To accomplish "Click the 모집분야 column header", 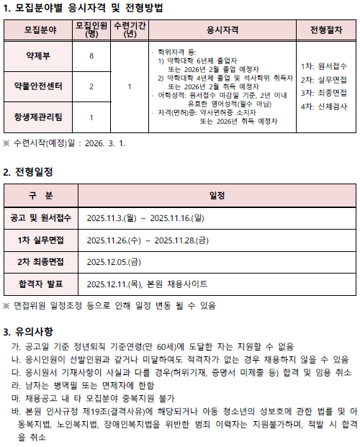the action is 37,32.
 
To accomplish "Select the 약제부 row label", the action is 37,56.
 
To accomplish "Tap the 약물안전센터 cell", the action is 37,86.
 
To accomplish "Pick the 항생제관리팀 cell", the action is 37,116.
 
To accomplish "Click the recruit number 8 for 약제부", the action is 91,56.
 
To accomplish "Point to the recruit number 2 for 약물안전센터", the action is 91,86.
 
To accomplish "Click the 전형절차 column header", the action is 328,32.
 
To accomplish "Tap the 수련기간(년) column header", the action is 128,32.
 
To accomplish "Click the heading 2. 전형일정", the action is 28,172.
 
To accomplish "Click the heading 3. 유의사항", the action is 28,332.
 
